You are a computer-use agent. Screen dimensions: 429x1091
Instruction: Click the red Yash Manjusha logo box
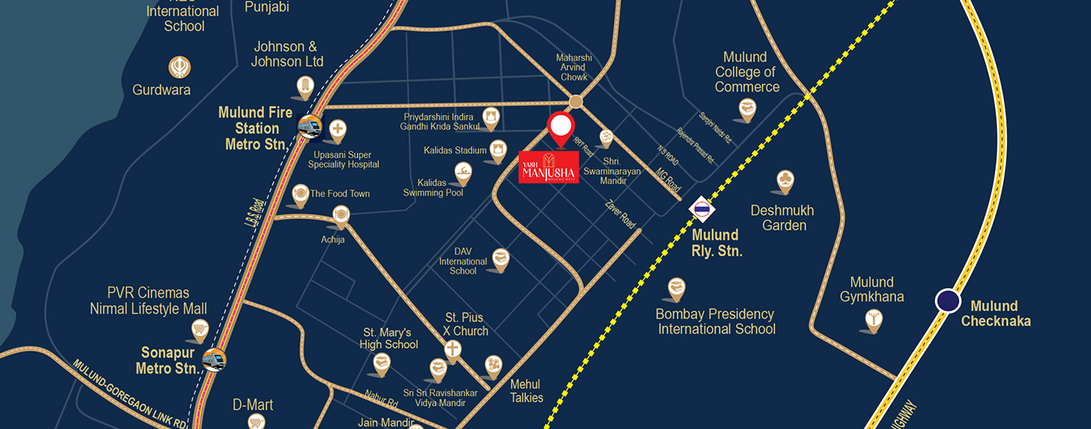tap(549, 167)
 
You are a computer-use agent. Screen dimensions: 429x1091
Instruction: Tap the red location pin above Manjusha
tap(560, 128)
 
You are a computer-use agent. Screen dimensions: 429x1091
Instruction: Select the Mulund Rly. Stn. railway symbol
tap(702, 208)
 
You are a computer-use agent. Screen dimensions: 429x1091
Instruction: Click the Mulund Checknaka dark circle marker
tap(948, 300)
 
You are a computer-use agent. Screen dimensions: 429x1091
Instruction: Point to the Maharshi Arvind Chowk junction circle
tap(576, 101)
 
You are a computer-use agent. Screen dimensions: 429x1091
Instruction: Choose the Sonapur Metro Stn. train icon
tap(214, 360)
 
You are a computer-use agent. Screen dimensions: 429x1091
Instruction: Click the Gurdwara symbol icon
tap(180, 66)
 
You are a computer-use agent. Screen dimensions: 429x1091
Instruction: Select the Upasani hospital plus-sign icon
tap(337, 129)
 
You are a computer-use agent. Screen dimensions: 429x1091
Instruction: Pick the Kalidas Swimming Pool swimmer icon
tap(464, 171)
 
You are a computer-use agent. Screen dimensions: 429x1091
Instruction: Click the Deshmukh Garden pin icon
tap(785, 180)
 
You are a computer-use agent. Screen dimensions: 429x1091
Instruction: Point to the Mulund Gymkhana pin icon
tap(874, 318)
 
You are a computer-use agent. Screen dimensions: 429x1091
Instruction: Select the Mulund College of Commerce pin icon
tap(747, 108)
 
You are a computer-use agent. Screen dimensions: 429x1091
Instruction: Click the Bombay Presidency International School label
tap(716, 321)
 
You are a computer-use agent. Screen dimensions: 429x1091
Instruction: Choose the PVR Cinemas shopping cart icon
tap(200, 329)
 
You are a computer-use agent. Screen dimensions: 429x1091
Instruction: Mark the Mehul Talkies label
tap(526, 391)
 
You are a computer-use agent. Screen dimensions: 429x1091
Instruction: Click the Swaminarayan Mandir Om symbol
tap(602, 138)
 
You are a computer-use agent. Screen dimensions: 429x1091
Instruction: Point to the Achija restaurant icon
tap(341, 214)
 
